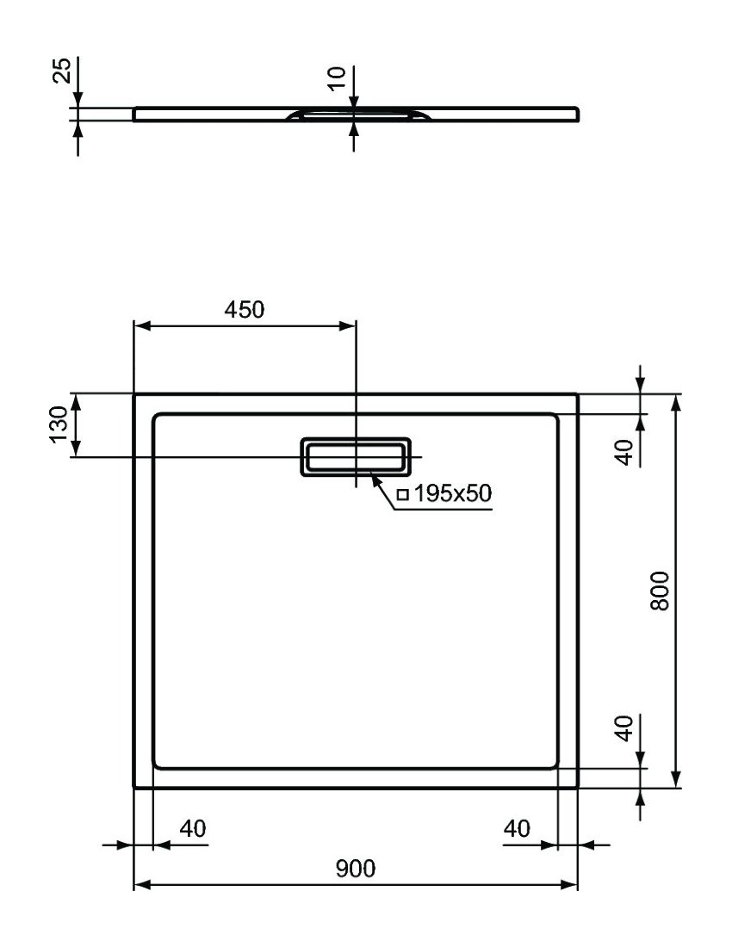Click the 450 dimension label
244,309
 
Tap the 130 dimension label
59,424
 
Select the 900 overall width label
355,869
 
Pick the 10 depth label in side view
337,78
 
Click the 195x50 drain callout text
452,493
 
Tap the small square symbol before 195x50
403,495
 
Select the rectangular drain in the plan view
356,456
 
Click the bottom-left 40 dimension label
193,828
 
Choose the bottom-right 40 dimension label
517,828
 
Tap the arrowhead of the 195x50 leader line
375,480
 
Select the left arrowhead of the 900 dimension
140,885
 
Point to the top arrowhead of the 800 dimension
677,402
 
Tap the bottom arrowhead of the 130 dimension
76,449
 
